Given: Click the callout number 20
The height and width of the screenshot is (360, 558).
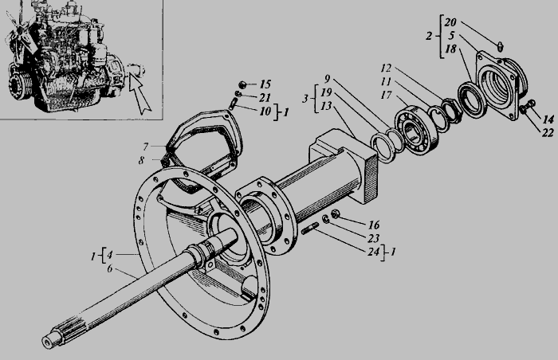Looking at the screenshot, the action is pos(450,22).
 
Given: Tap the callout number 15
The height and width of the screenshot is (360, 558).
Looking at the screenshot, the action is pos(265,84).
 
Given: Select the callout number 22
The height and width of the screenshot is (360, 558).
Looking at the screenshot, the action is pos(548,133).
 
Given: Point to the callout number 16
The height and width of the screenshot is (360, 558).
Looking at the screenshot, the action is pos(374,225).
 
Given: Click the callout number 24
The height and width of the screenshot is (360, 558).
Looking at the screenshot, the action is pos(374,252).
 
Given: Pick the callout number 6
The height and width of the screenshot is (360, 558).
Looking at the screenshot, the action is pos(110,268).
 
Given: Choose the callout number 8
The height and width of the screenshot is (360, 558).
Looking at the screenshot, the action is pos(142,160).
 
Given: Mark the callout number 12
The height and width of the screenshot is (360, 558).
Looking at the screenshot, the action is pos(386,68).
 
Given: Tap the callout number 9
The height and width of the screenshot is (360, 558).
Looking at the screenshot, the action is pos(328,79).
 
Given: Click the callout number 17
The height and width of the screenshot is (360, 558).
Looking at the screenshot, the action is pos(386,95).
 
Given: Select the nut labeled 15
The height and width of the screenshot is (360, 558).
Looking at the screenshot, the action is pos(242,84).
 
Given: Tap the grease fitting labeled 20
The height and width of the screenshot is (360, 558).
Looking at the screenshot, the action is pos(500,46).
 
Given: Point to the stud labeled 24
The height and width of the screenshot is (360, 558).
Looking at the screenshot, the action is pos(310,229).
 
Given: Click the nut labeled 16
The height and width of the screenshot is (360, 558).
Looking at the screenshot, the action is pos(335,213).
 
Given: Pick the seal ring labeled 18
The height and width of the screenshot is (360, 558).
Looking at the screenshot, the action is pos(472,100).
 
